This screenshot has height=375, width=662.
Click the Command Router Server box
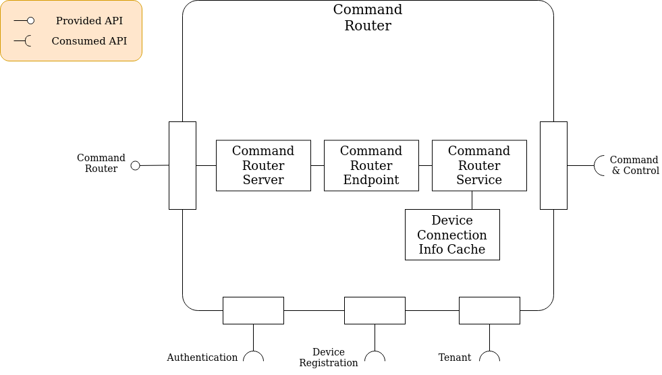(x=263, y=165)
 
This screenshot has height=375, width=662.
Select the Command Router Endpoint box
(x=371, y=165)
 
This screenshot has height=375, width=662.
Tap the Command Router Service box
(x=479, y=165)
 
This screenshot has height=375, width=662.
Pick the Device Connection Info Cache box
(x=452, y=235)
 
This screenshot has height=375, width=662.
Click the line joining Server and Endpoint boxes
(x=317, y=165)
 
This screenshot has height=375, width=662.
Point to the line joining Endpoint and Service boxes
(x=425, y=165)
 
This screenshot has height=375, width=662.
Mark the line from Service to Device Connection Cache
(x=472, y=200)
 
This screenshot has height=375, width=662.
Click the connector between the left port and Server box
(x=206, y=165)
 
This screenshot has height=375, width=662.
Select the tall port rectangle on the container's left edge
(x=182, y=165)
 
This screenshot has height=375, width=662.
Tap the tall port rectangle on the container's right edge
(x=553, y=165)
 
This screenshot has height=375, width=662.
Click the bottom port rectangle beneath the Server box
(x=253, y=310)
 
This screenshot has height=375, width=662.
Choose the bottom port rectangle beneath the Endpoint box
(x=375, y=310)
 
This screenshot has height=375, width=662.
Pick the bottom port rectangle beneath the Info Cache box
(x=489, y=310)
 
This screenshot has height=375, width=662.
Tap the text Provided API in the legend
(x=89, y=21)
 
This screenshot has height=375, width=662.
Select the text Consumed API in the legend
(x=89, y=41)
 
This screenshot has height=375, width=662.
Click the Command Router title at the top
(x=368, y=18)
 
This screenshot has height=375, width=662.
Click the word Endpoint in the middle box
(x=371, y=180)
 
